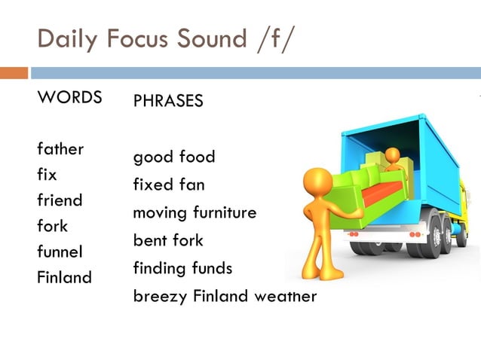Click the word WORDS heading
69,97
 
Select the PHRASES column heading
168,101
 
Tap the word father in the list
60,148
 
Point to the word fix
47,174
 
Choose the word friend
60,200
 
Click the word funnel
60,252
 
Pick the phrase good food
174,157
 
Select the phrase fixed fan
169,185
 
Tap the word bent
150,240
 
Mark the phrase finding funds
182,268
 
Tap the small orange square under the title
14,73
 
